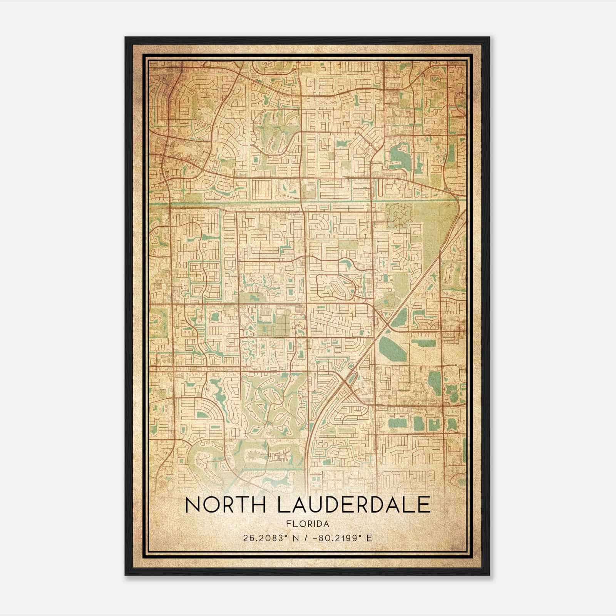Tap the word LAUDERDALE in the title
click(353, 505)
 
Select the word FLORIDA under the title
click(308, 524)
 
